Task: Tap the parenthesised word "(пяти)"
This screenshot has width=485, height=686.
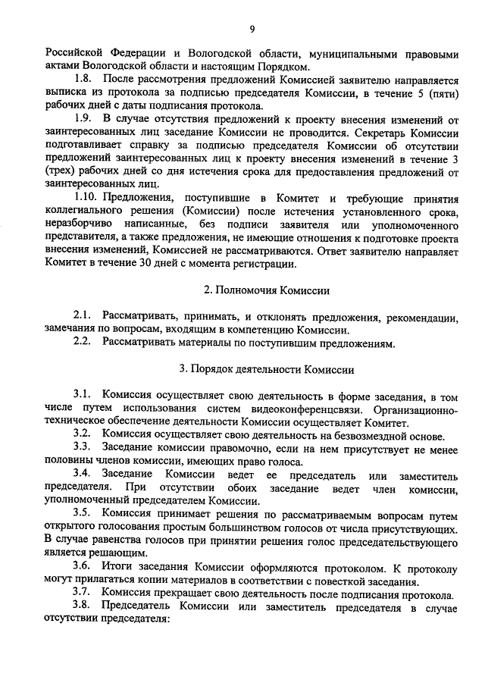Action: pos(443,92)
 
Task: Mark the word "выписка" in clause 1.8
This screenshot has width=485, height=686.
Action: pos(68,92)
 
